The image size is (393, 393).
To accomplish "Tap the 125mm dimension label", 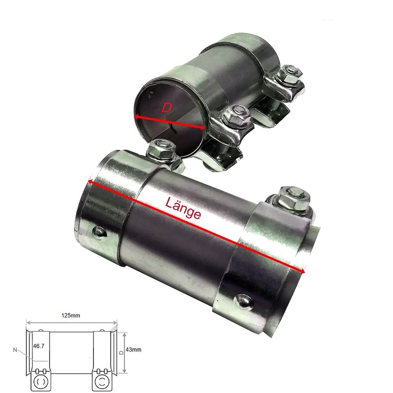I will point(71,315).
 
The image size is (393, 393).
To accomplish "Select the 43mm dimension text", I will point(134,349).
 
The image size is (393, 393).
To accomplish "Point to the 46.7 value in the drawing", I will point(38,346).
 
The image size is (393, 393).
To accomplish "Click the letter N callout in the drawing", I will point(16,350).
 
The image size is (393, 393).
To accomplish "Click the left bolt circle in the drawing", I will point(40,381).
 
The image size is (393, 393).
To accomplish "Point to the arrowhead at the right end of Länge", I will point(304,271).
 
